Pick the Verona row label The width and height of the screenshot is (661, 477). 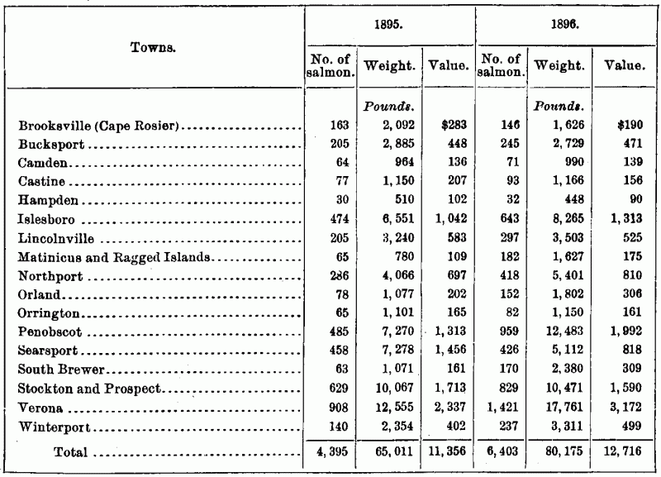point(40,408)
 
